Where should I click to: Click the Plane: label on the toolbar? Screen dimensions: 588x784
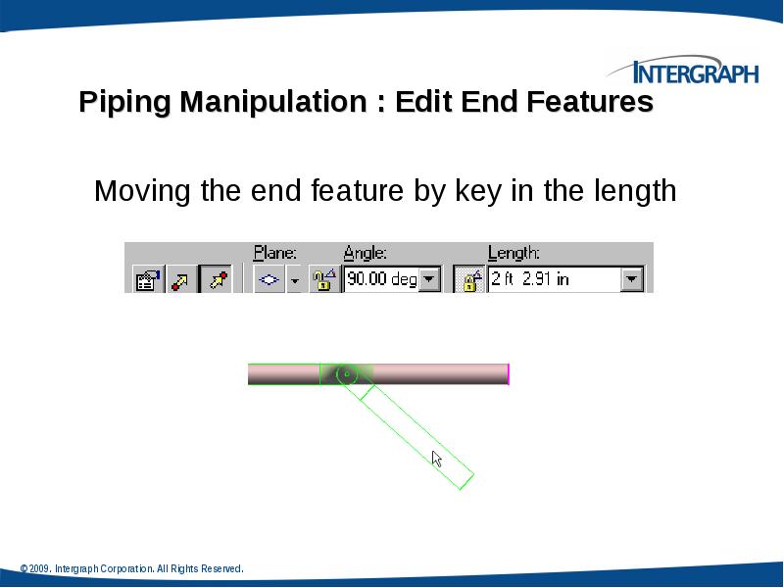click(x=275, y=253)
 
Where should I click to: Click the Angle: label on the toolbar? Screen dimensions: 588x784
click(x=365, y=253)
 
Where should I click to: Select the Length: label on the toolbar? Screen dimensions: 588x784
click(x=514, y=253)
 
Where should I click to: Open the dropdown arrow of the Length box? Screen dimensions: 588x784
click(x=632, y=280)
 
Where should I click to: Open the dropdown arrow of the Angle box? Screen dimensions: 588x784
click(x=430, y=280)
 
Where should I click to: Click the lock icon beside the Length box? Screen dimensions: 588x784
click(x=470, y=280)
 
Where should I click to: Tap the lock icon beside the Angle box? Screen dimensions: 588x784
click(x=323, y=280)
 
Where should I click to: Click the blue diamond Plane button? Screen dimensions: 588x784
click(x=269, y=280)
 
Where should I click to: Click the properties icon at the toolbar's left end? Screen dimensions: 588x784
click(x=146, y=281)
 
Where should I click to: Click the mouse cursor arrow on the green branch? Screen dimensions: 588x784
click(x=437, y=459)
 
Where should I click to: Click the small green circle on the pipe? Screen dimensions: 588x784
click(x=344, y=373)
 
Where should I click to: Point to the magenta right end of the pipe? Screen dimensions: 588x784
click(x=508, y=373)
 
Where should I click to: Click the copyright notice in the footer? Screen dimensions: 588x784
click(x=131, y=568)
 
